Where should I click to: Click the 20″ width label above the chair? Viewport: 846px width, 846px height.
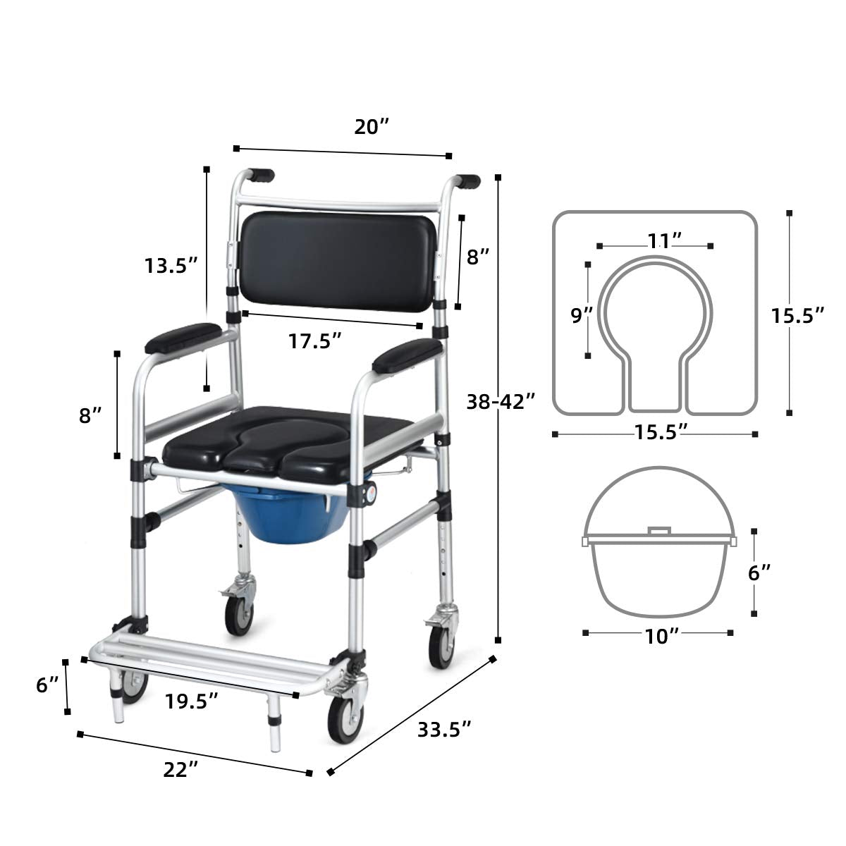(x=372, y=128)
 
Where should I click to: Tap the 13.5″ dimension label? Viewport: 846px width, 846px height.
(x=171, y=266)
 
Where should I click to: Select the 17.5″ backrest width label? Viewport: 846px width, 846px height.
(x=314, y=341)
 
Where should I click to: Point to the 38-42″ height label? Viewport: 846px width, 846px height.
(x=501, y=401)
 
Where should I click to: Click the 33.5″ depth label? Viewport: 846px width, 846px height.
(x=444, y=730)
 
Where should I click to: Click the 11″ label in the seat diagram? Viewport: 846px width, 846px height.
(x=665, y=240)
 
